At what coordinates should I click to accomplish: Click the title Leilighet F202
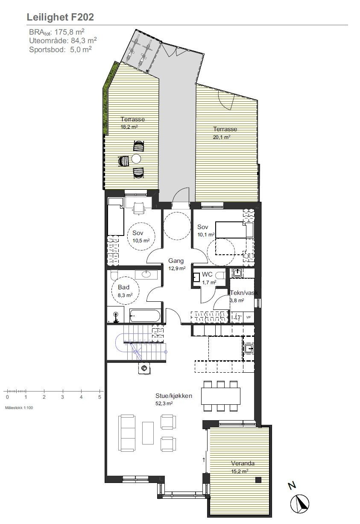point(60,17)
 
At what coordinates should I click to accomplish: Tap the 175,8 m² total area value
point(70,32)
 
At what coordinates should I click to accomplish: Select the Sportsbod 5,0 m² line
point(60,49)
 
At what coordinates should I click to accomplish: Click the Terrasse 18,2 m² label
point(132,123)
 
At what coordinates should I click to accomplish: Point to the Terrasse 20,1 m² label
point(225,133)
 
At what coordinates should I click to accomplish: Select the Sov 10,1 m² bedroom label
point(205,230)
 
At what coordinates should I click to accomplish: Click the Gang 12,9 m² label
point(176,264)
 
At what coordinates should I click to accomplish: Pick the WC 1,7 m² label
point(208,277)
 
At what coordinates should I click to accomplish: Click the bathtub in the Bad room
point(145,317)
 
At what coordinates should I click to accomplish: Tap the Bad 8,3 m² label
point(123,291)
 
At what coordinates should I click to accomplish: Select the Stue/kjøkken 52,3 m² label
point(174,399)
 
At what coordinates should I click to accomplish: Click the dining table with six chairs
point(220,395)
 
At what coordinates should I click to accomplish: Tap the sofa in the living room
point(127,433)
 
